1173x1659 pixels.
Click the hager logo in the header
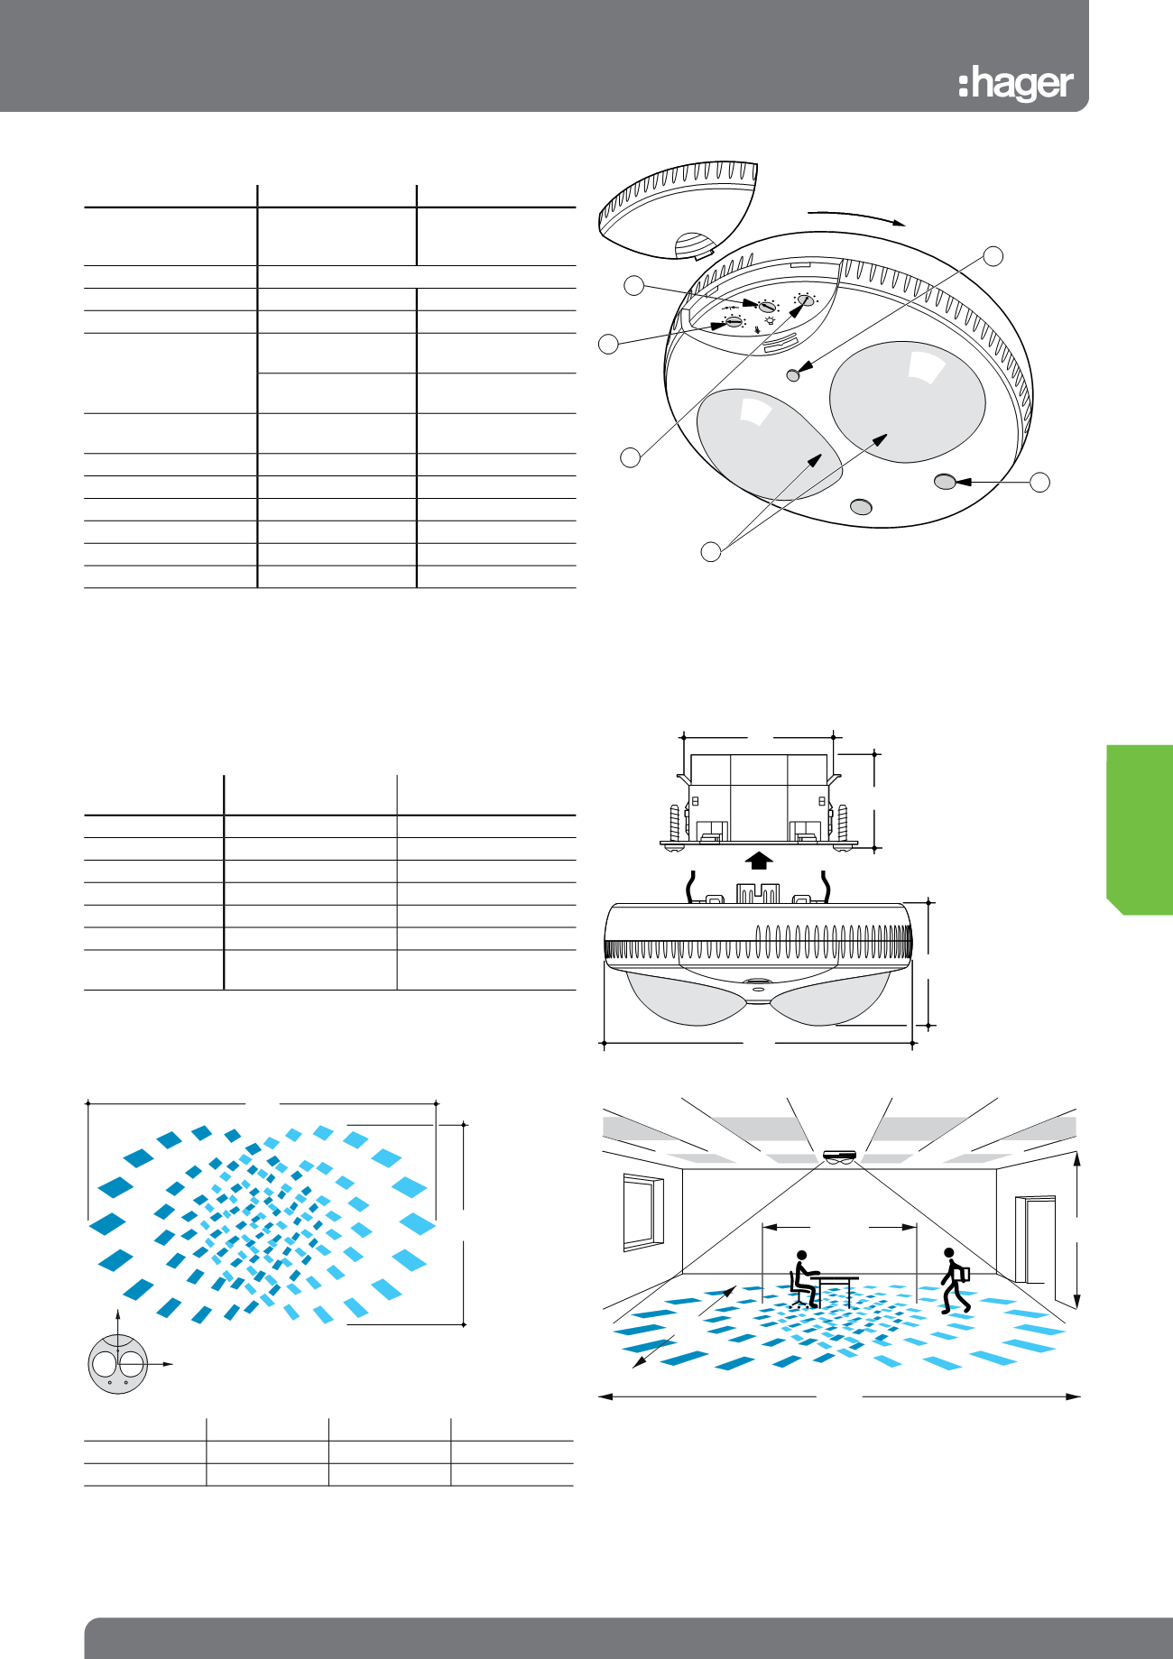1016,84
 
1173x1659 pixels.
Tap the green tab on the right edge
1140,829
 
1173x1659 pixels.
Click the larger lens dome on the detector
906,401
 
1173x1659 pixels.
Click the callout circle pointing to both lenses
711,551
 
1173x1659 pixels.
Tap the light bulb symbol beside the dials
770,319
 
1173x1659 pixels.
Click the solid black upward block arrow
760,860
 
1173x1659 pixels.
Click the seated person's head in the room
800,1255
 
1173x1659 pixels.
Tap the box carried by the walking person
963,1274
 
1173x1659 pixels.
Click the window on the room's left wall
643,1212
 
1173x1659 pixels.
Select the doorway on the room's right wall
1035,1240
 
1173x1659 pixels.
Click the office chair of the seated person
799,1291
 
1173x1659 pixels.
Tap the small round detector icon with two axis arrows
118,1364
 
